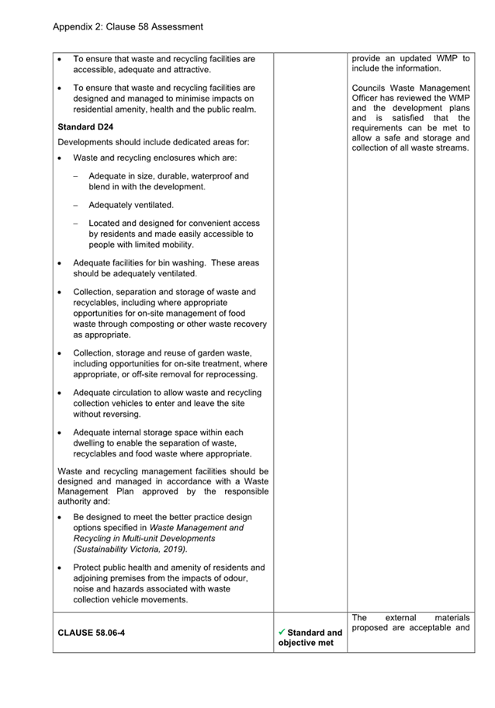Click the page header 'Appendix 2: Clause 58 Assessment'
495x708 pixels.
(128, 26)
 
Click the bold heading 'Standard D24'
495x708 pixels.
(85, 126)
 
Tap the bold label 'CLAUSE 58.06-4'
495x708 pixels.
(92, 633)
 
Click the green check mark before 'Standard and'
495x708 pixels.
(282, 632)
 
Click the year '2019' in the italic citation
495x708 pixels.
(175, 549)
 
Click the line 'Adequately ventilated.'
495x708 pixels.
(131, 205)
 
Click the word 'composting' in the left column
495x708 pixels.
(140, 324)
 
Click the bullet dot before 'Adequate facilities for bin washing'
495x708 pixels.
(61, 264)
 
